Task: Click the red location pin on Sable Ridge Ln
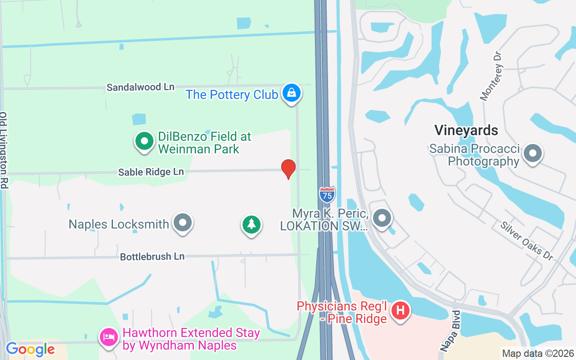[288, 169]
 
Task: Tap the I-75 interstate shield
[327, 194]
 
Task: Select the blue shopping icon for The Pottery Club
[292, 94]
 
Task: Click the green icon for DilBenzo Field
[144, 141]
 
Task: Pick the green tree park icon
[251, 224]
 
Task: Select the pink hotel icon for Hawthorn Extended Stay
[109, 337]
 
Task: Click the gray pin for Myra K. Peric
[382, 219]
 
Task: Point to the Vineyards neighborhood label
[466, 130]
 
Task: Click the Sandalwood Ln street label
[140, 87]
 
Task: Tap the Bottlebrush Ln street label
[152, 256]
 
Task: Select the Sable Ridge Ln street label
[151, 172]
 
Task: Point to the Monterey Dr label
[491, 76]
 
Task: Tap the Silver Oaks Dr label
[526, 240]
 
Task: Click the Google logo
[30, 349]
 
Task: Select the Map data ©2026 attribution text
[538, 354]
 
